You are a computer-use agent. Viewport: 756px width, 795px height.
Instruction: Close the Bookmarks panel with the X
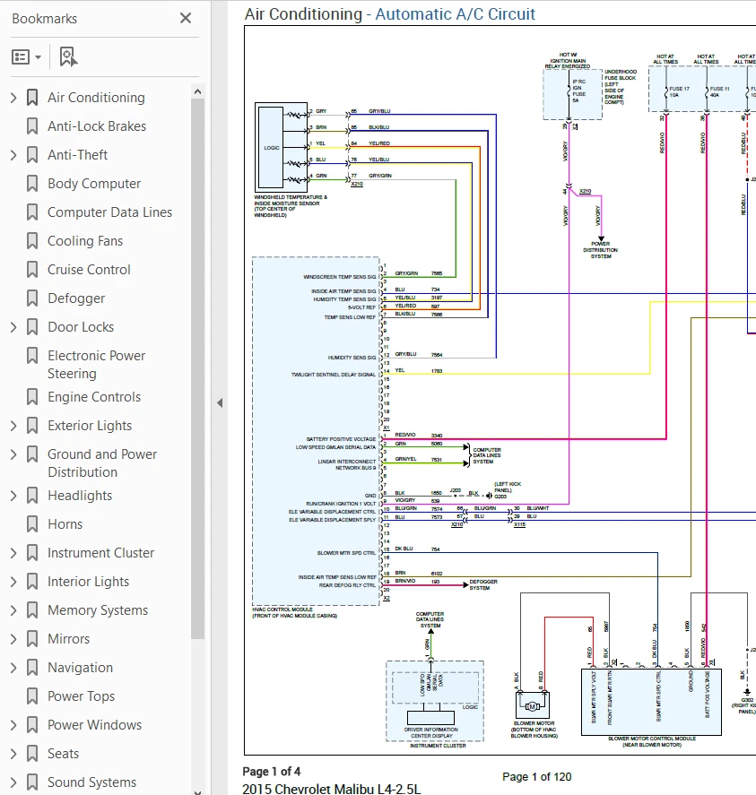pyautogui.click(x=186, y=18)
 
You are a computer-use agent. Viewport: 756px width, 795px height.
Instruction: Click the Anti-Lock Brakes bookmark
pyautogui.click(x=96, y=126)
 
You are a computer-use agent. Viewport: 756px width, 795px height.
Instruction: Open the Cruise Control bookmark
pyautogui.click(x=89, y=270)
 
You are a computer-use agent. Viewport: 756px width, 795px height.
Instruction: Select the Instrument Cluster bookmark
pyautogui.click(x=100, y=553)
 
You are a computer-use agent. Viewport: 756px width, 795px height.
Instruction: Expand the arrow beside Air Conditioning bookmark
pyautogui.click(x=13, y=98)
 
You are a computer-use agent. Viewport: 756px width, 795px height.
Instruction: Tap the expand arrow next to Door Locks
pyautogui.click(x=13, y=327)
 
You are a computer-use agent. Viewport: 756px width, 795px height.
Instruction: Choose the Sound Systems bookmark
pyautogui.click(x=91, y=782)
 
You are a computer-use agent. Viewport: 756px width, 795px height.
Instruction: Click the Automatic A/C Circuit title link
pyautogui.click(x=455, y=14)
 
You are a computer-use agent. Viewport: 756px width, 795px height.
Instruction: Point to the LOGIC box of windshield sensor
pyautogui.click(x=272, y=147)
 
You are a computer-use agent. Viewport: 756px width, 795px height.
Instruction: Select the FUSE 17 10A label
pyautogui.click(x=680, y=93)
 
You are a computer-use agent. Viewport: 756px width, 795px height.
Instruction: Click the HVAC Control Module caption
pyautogui.click(x=293, y=614)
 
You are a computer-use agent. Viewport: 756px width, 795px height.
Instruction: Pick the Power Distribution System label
pyautogui.click(x=600, y=250)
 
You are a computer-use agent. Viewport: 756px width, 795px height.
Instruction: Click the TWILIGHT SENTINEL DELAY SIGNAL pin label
pyautogui.click(x=334, y=375)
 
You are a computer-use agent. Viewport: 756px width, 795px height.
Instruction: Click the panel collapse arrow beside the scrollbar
pyautogui.click(x=220, y=403)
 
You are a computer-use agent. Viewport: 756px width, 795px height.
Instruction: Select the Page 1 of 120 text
pyautogui.click(x=536, y=776)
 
